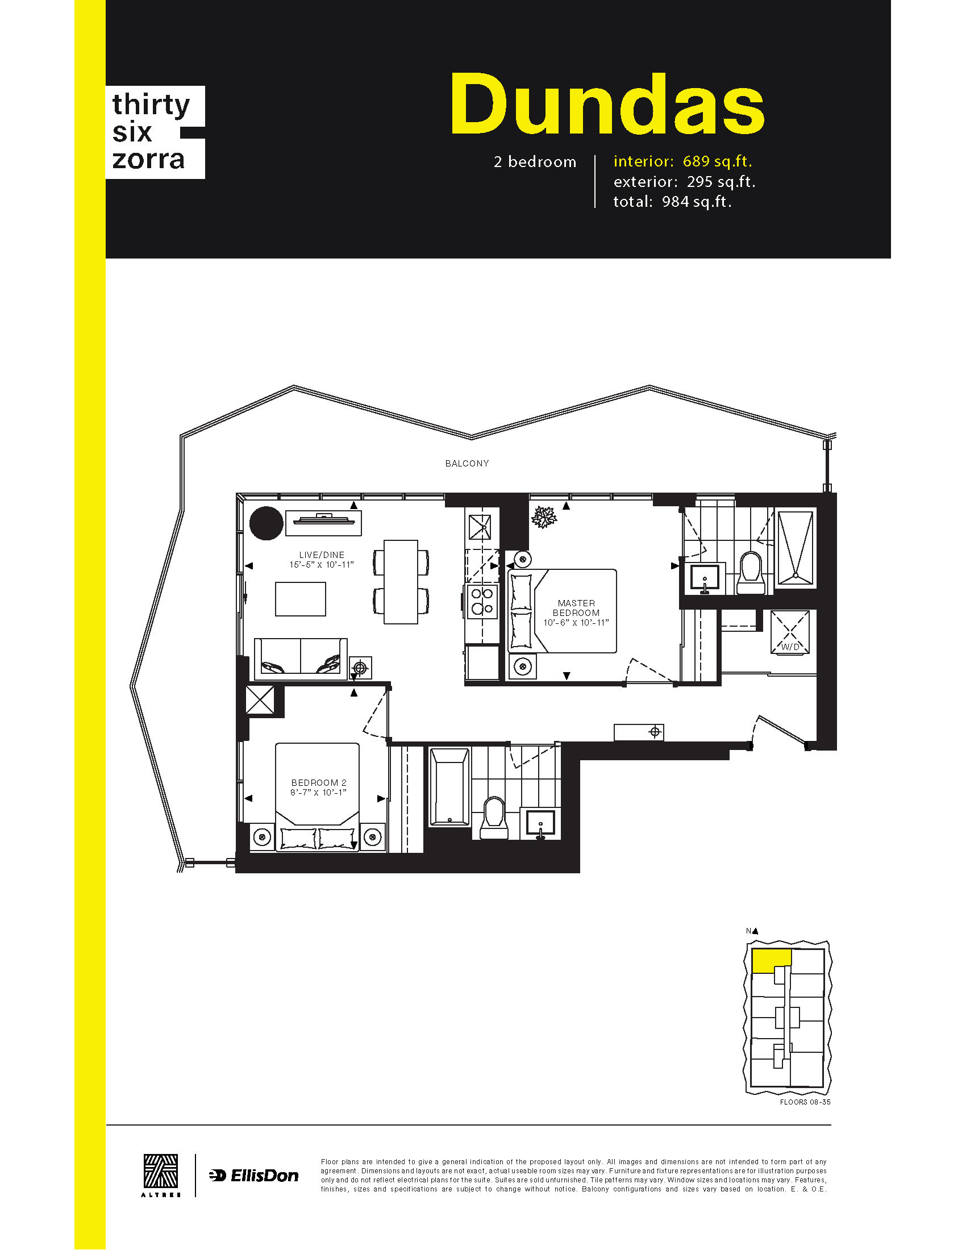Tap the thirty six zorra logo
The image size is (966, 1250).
[155, 132]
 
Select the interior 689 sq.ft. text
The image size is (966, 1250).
[682, 161]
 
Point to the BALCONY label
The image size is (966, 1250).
[467, 463]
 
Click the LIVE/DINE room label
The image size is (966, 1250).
[322, 555]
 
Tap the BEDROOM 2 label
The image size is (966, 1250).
[319, 782]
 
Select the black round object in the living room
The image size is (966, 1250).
[267, 523]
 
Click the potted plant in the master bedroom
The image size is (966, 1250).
[544, 517]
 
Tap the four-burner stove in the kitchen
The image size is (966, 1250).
[482, 602]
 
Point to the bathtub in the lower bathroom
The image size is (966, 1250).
[449, 786]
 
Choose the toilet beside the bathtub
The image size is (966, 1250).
[494, 818]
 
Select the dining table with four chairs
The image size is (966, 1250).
[401, 581]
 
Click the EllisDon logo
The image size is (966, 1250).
[253, 1176]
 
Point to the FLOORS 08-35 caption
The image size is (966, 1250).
[805, 1102]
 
